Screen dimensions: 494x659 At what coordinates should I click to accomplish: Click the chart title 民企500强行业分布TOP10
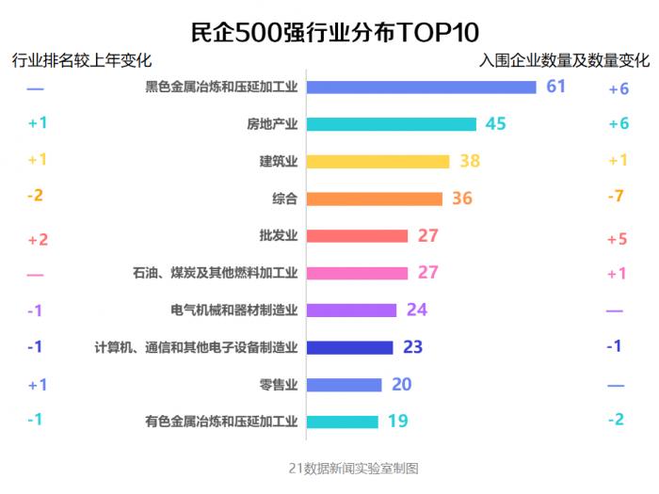(x=329, y=30)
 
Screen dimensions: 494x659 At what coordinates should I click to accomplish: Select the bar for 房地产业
(x=392, y=124)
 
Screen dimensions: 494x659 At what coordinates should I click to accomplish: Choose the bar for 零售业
(x=345, y=385)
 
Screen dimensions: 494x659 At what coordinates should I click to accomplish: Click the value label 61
(x=555, y=87)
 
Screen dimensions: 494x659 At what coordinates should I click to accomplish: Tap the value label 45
(x=495, y=124)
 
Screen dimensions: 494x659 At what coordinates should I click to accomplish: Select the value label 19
(x=397, y=422)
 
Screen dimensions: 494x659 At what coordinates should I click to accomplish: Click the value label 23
(x=412, y=347)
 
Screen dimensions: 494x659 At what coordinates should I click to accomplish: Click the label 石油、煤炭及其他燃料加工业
(x=216, y=274)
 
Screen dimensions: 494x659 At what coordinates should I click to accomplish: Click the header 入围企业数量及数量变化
(x=563, y=61)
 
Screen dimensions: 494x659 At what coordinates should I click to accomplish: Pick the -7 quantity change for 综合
(x=616, y=197)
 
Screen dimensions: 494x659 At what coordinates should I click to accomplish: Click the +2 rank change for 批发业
(x=38, y=240)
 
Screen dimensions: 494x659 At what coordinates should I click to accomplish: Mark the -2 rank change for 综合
(x=35, y=196)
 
